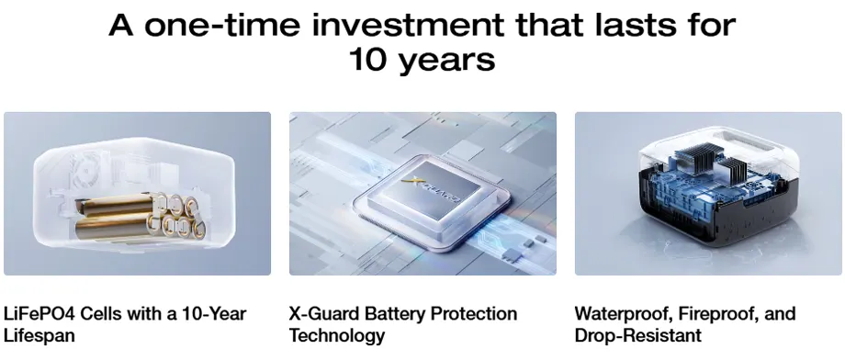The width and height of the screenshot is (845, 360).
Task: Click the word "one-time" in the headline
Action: [220, 25]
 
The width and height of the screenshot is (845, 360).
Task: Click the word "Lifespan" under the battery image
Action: [39, 335]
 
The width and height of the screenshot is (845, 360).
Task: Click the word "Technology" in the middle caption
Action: [337, 335]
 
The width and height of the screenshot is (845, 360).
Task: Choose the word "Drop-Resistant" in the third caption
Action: [638, 335]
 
